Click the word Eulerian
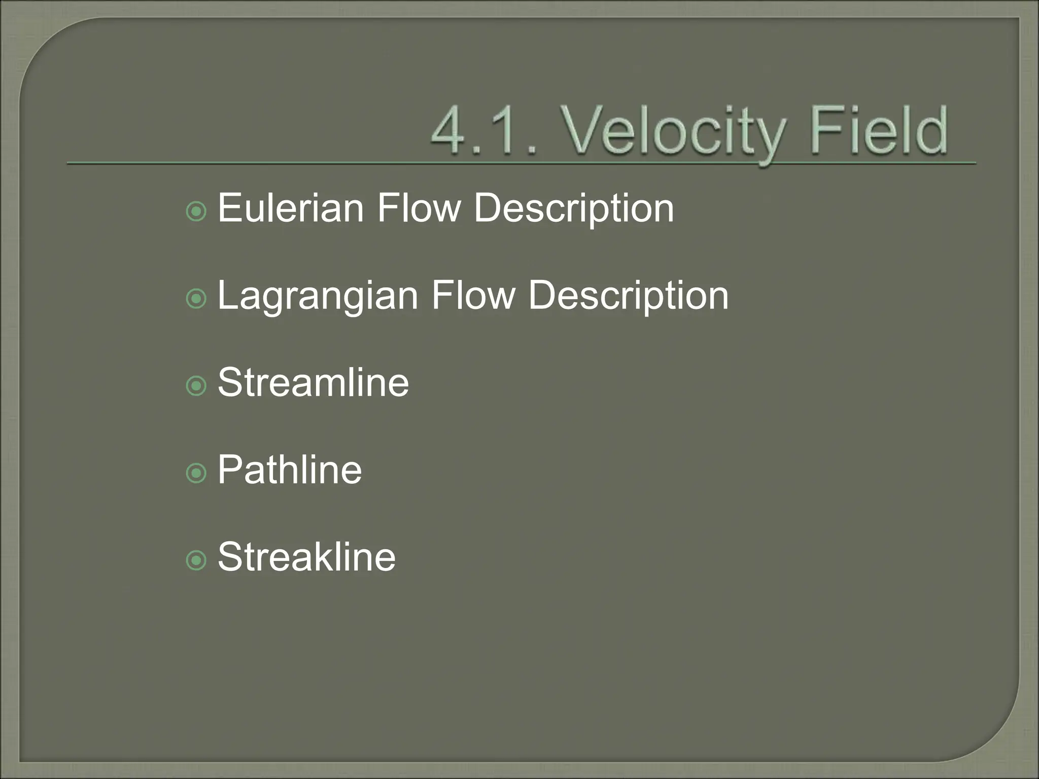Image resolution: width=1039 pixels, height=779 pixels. coord(290,208)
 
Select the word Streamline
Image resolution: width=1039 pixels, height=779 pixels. coord(313,382)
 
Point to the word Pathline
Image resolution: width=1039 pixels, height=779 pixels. coord(290,470)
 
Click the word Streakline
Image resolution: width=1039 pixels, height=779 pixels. coord(306,557)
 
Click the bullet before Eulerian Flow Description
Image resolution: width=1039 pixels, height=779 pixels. coord(196,211)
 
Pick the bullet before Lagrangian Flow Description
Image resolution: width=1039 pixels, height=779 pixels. coord(196,299)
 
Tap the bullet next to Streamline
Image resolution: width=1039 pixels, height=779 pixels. coord(196,386)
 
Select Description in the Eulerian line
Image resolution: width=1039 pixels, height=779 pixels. coord(574,209)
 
